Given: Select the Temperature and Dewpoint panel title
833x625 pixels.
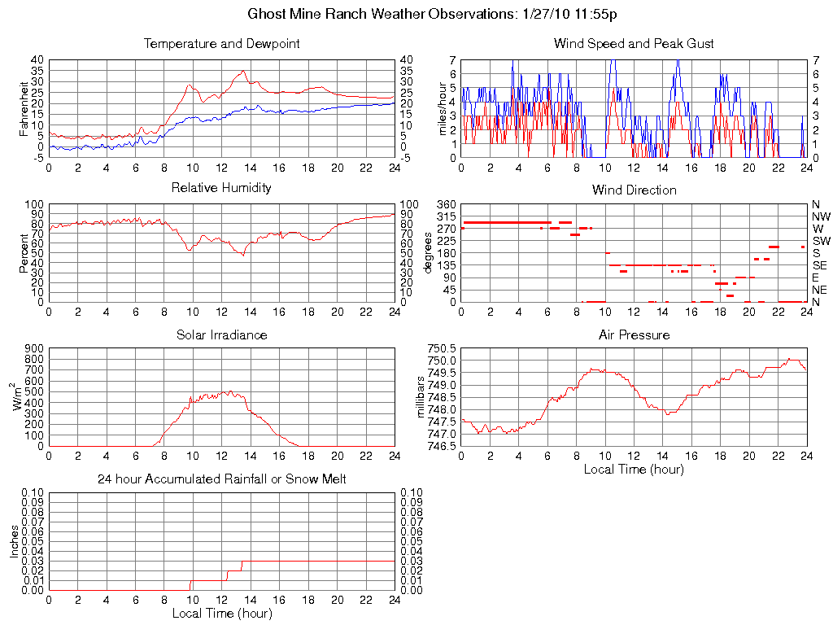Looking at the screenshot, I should (x=221, y=43).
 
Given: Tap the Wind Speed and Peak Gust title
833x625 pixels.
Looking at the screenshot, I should (x=634, y=43).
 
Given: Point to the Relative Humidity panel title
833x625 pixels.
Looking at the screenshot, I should (x=221, y=188).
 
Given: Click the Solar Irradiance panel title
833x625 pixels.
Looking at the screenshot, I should (x=221, y=334).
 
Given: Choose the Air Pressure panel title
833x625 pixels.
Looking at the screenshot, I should (x=634, y=334).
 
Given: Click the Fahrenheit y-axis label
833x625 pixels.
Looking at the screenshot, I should (x=24, y=108).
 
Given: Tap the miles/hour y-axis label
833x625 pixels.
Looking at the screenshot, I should (x=443, y=108).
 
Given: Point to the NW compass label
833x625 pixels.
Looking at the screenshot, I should (x=821, y=216).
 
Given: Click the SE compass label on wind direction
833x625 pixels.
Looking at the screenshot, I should (x=821, y=265).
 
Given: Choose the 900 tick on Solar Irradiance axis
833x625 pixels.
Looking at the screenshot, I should (x=33, y=348).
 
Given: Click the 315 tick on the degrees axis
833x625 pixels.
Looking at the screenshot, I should (x=446, y=216).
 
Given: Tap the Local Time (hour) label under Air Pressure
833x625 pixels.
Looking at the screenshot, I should (x=634, y=469).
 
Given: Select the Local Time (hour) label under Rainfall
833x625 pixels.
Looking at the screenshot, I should (x=221, y=613).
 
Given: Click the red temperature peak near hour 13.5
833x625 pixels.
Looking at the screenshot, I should (x=243, y=71).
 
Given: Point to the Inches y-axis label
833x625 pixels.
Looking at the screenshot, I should (x=14, y=541).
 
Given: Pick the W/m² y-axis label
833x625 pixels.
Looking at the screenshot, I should (x=18, y=396).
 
